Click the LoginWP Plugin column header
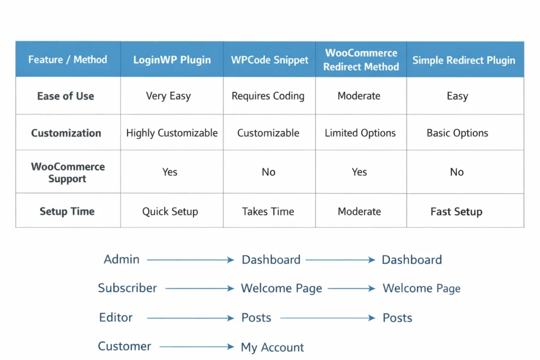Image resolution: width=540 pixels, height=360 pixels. (172, 60)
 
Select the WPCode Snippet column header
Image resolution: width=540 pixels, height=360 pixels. (269, 60)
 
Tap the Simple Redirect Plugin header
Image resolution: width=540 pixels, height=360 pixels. (464, 60)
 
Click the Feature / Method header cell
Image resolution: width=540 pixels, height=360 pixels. (67, 60)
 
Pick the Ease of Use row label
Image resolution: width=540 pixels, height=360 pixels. (66, 96)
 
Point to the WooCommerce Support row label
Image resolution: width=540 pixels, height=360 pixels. (67, 172)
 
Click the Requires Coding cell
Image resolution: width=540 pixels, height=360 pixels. (268, 96)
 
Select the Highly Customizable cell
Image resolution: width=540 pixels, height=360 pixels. (172, 133)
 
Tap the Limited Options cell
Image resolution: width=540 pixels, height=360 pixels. (360, 133)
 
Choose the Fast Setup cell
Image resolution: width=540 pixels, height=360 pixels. (456, 212)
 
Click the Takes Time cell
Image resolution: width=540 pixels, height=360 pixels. (268, 211)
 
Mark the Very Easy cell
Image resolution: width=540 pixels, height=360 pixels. (168, 96)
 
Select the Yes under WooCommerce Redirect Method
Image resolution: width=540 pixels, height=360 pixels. (359, 172)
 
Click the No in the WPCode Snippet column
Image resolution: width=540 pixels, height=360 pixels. (268, 172)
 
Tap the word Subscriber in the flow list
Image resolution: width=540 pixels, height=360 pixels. (128, 288)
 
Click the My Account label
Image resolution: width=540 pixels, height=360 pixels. (272, 347)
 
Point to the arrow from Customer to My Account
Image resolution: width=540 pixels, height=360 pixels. (196, 347)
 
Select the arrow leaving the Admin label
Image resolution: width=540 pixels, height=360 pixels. (190, 260)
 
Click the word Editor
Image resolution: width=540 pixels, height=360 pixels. (116, 317)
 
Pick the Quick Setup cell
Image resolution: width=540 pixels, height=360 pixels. (170, 211)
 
